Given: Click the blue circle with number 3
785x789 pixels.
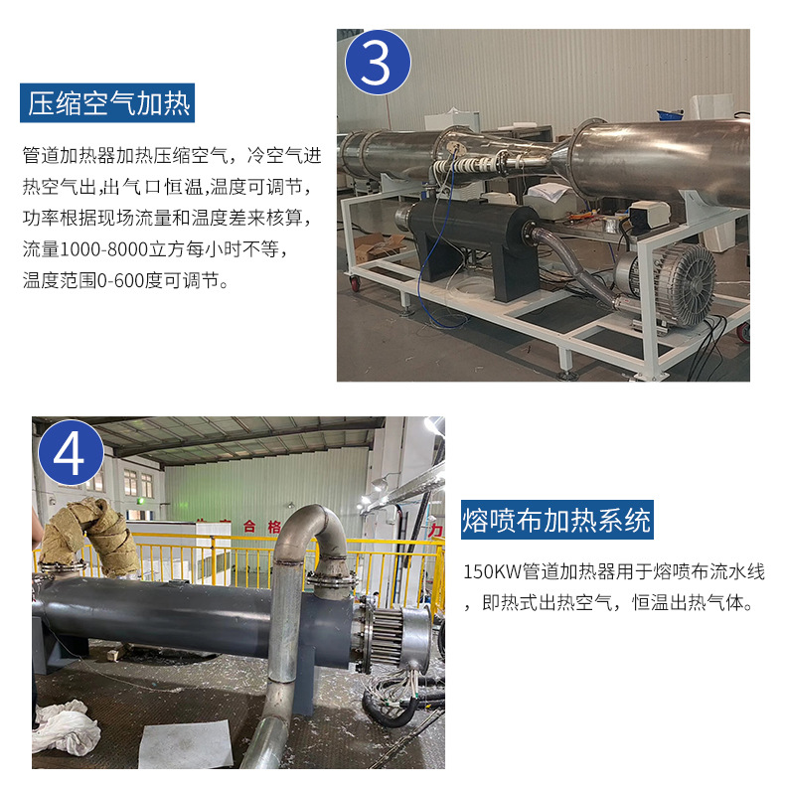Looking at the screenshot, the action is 378,62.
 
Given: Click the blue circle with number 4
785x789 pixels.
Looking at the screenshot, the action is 71,452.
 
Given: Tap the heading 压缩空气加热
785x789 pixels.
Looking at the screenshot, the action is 107,102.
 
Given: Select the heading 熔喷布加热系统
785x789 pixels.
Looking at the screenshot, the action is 557,520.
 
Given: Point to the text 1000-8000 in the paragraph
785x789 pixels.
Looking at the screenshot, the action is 103,249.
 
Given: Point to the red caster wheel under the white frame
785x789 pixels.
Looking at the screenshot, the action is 356,284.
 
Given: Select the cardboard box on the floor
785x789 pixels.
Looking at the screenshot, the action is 378,246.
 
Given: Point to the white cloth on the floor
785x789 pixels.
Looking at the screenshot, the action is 65,727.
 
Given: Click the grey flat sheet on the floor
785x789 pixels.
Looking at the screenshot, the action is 185,744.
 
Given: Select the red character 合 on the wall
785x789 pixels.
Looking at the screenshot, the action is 249,527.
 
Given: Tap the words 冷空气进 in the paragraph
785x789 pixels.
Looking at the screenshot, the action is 284,155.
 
